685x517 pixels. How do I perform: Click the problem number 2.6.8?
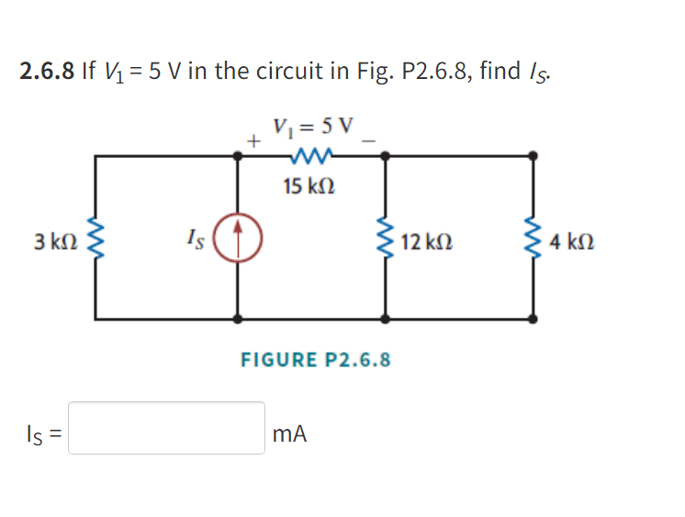point(47,72)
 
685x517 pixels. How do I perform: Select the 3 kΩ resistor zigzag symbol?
point(95,241)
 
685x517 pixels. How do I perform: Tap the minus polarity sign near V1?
point(369,140)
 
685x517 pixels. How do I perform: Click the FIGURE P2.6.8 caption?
point(315,359)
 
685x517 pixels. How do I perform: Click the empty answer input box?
point(166,428)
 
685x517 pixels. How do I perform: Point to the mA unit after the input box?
point(290,432)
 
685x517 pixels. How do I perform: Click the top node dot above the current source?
point(239,157)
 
